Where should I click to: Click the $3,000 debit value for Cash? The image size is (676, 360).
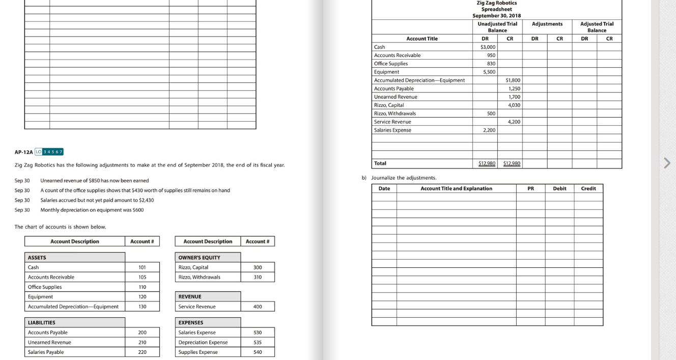[x=488, y=47]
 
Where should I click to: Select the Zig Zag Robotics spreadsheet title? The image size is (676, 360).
[x=496, y=9]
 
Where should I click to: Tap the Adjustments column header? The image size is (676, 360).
[x=547, y=24]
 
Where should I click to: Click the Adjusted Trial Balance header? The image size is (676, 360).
[x=597, y=27]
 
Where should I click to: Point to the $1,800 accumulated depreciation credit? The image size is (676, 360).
[x=513, y=80]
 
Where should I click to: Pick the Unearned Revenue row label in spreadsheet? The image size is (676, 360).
[x=396, y=97]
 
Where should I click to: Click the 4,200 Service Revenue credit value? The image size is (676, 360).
[x=514, y=122]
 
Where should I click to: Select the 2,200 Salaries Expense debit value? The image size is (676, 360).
[x=489, y=130]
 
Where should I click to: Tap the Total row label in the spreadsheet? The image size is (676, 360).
[x=380, y=163]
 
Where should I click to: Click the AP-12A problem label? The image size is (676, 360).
[x=23, y=152]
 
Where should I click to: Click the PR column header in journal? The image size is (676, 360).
[x=530, y=188]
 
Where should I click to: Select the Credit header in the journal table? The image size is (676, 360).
[x=588, y=188]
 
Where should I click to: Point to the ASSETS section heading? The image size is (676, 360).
[x=37, y=258]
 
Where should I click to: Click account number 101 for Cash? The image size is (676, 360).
[x=142, y=267]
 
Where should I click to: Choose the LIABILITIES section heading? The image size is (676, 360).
[x=42, y=322]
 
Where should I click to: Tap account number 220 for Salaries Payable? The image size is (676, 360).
[x=142, y=352]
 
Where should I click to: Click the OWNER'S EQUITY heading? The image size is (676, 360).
[x=199, y=258]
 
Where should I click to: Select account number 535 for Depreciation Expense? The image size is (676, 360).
[x=258, y=342]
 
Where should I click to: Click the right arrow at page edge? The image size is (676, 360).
[x=667, y=163]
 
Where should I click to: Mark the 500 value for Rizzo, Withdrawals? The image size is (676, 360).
[x=490, y=114]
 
